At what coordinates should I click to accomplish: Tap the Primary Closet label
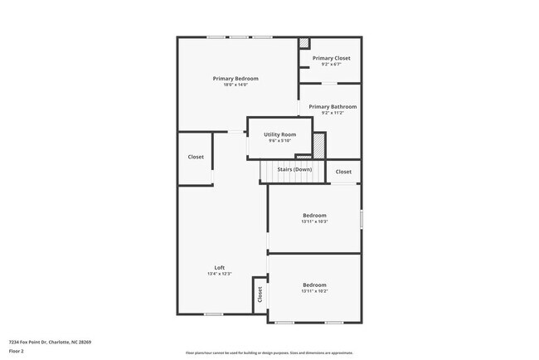click(331, 58)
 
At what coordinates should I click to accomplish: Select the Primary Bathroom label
click(333, 106)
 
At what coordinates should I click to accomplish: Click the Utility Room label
click(279, 134)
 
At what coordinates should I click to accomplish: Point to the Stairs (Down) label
click(294, 169)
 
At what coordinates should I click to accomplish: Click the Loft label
click(220, 267)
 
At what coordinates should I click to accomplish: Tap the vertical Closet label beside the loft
click(260, 294)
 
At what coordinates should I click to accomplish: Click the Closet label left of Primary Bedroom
click(196, 157)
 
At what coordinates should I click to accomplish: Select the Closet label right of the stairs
click(343, 172)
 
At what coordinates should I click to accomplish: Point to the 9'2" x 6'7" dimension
click(331, 65)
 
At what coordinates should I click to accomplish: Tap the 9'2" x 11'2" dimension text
click(333, 113)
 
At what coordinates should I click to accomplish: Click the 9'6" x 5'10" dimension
click(279, 141)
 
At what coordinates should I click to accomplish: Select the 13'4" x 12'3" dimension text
click(220, 274)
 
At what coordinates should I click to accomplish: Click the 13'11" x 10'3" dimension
click(314, 221)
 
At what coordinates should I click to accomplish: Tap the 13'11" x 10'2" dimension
click(314, 291)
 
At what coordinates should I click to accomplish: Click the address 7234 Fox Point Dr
click(50, 342)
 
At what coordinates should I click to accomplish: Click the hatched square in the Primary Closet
click(303, 43)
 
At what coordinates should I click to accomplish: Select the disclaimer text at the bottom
click(269, 353)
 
